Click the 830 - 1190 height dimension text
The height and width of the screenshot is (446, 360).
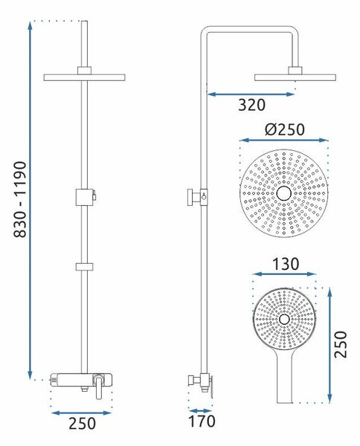(20, 199)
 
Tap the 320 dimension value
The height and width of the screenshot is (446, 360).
(251, 105)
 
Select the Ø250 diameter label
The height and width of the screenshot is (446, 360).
(285, 129)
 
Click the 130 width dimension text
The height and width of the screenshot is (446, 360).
(286, 264)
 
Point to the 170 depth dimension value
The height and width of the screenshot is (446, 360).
(202, 421)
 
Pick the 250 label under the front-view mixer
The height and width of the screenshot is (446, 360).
(83, 424)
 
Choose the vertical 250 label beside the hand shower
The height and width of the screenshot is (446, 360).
(341, 344)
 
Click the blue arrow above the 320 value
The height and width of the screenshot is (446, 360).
(251, 94)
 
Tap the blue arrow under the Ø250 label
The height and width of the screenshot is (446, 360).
(284, 140)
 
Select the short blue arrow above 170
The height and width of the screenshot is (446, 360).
(200, 411)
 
